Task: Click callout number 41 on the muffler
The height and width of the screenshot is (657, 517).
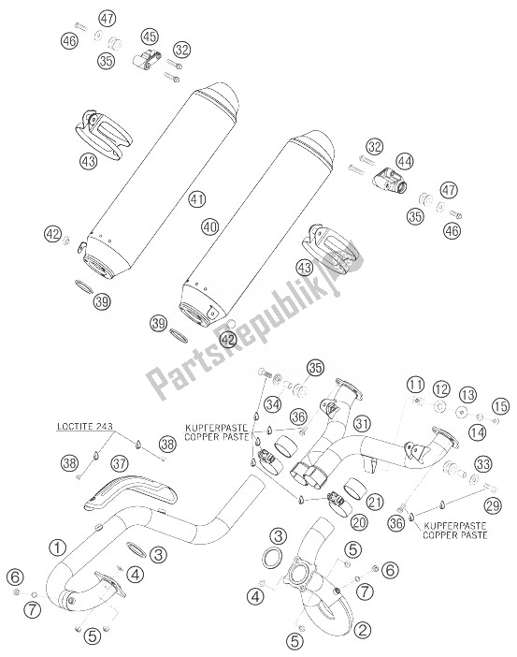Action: pos(196,198)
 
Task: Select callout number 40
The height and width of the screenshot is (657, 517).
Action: pos(209,226)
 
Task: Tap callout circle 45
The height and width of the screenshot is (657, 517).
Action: pos(150,36)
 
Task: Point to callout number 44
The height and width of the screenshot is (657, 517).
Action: pos(405,162)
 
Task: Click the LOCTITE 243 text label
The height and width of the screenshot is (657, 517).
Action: pos(85,427)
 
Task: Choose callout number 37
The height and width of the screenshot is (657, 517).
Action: pos(120,464)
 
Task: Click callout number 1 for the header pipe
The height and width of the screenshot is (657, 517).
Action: pos(57,547)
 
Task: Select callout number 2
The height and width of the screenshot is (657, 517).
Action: pos(363,629)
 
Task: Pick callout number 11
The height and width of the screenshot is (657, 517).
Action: pos(415,385)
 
